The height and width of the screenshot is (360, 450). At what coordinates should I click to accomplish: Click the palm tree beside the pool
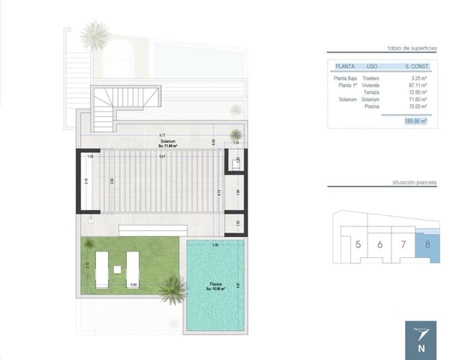pos(172,289)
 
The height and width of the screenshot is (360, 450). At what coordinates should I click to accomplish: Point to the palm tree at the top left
pos(94,34)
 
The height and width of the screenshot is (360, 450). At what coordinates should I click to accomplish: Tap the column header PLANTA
pos(345,65)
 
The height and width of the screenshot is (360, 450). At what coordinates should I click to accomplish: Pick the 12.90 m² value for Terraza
pos(416,91)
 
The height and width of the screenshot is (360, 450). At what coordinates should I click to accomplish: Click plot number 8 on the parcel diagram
pos(427,244)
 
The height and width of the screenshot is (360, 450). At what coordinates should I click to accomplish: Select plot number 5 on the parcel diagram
pos(358,244)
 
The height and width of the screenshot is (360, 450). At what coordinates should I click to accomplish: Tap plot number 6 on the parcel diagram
pos(380,244)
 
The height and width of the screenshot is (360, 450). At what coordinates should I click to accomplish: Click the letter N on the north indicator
pos(421,347)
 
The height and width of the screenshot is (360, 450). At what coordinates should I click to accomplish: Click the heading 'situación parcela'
pos(414,182)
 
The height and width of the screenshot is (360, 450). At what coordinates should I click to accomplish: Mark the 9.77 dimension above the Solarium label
pos(162,135)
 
